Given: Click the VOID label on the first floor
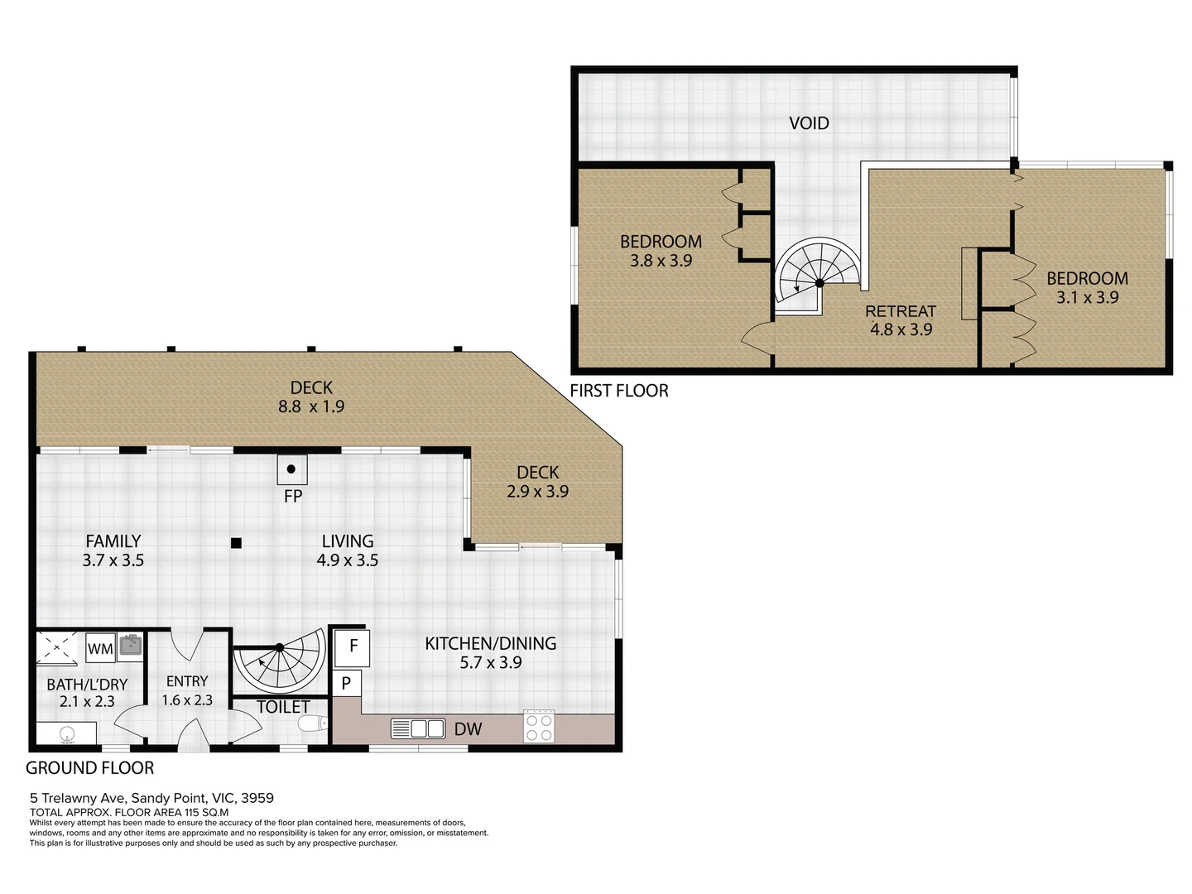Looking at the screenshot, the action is (x=809, y=123).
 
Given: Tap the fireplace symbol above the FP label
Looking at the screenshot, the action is (x=292, y=469).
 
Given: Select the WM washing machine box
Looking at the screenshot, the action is (x=100, y=648).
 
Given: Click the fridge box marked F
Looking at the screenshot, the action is (x=352, y=647).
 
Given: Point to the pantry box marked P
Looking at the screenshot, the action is (x=346, y=683).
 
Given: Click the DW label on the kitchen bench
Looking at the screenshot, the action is (x=468, y=729).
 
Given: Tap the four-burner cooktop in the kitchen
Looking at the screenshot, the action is (x=539, y=726).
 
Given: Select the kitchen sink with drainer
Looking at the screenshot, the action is (x=418, y=728).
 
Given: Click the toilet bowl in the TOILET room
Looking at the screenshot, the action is (x=313, y=723).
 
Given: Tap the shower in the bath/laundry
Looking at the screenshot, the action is (x=57, y=647).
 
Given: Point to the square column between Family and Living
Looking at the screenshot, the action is (x=236, y=543).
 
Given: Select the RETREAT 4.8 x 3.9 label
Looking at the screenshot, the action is (x=901, y=320).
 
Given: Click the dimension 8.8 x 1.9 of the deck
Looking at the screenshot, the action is (x=311, y=406).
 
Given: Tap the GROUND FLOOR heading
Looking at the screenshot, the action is (x=89, y=768).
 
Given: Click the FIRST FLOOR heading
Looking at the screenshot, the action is (x=619, y=391).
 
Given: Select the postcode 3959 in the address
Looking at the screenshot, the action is (x=257, y=798).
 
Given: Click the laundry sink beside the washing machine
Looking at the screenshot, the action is (x=130, y=645).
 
